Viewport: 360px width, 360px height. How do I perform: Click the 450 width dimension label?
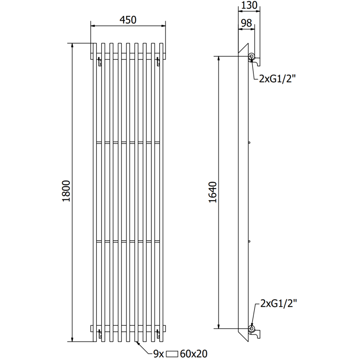tap(128, 20)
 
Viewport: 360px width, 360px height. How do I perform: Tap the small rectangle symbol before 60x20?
tap(173, 354)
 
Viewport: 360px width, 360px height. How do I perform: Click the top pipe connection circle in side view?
tap(252, 57)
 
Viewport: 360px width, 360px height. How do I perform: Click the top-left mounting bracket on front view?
tap(100, 62)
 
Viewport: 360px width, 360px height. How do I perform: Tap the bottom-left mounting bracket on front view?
tap(100, 334)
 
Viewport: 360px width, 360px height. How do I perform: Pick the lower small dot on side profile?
tap(248, 242)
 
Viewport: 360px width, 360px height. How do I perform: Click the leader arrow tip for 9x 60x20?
tap(138, 342)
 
